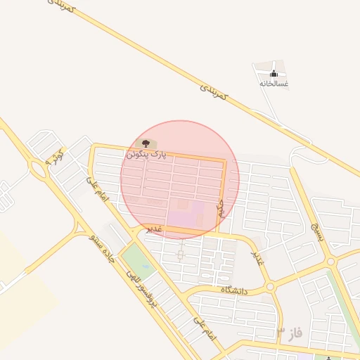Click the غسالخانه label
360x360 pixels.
[274, 83]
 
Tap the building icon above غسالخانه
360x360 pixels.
[274, 73]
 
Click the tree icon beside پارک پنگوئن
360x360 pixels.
[154, 144]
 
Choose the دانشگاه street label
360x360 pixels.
[236, 290]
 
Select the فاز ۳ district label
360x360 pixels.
[289, 333]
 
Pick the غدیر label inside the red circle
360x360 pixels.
[154, 229]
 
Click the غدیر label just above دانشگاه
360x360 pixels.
[259, 257]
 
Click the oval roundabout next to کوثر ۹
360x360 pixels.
[37, 168]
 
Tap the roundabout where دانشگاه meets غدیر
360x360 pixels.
[269, 286]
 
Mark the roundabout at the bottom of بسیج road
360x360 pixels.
[330, 262]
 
